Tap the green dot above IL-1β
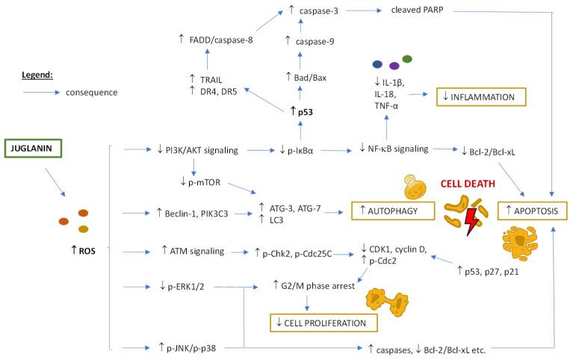[x=406, y=58]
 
